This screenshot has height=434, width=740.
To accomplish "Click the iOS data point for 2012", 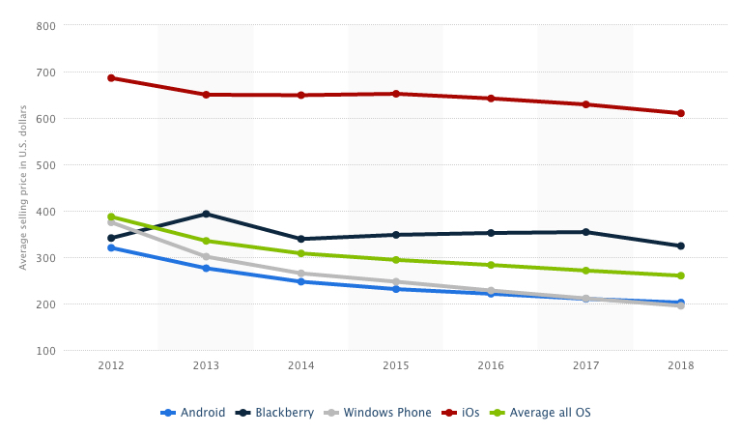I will coord(111,78).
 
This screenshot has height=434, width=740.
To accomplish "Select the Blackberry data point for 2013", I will coord(206,214).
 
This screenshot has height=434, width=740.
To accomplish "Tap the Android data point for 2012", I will coord(111,247).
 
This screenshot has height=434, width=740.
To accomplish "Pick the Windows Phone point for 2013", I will coord(206,257).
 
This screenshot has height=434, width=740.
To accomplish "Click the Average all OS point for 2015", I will coord(396,260).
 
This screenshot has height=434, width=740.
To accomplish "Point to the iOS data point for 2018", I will coord(681,113).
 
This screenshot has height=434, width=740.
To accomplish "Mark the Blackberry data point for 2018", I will coord(681,246).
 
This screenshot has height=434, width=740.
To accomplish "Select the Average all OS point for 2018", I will coord(681,275).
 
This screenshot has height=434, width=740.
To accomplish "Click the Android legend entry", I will coord(193,413).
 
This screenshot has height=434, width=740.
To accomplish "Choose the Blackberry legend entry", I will coord(277,413).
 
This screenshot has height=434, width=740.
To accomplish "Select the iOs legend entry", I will coord(463,413).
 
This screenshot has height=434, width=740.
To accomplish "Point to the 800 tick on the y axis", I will coord(44,26).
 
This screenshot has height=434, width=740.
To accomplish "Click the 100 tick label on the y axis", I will coord(44,351).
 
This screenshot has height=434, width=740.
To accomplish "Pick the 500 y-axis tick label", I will coord(44,165).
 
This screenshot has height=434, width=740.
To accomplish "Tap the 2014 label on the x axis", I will coord(301,366).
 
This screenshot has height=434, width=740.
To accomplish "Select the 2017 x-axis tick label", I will coord(586,366).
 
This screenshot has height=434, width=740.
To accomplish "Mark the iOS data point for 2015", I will coord(396,94).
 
